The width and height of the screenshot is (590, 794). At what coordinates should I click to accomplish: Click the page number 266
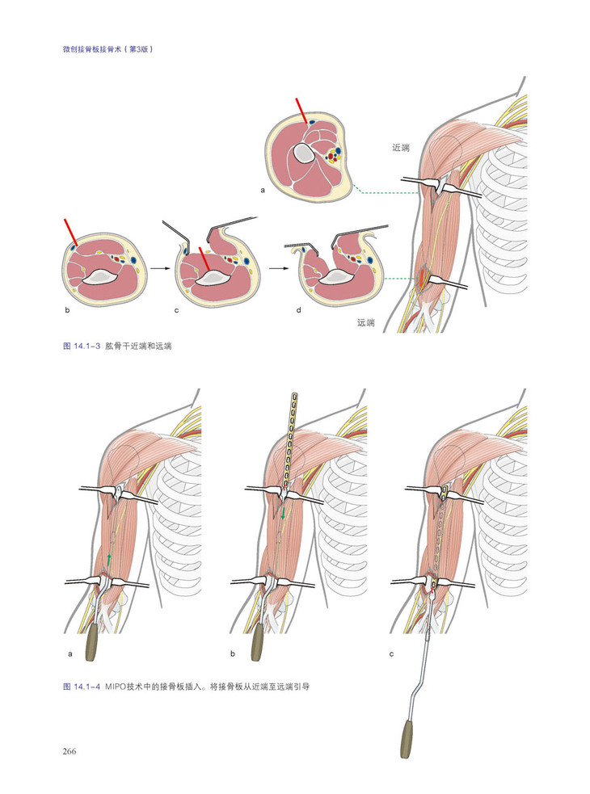(x=70, y=751)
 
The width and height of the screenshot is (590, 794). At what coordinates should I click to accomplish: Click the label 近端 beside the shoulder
(x=400, y=148)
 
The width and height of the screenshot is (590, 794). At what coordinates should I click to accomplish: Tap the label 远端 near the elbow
(x=366, y=322)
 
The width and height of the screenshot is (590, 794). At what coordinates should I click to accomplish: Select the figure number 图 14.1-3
(x=82, y=347)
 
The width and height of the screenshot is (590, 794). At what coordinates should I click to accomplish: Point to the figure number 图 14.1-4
(x=82, y=687)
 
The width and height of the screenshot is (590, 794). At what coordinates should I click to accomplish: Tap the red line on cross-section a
(x=301, y=111)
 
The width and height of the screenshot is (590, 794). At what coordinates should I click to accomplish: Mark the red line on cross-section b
(x=70, y=233)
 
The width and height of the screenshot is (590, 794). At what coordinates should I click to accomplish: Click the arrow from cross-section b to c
(x=160, y=268)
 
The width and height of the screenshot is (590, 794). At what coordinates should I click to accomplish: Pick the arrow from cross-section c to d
(x=276, y=268)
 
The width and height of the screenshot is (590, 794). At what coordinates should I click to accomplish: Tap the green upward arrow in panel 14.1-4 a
(x=108, y=560)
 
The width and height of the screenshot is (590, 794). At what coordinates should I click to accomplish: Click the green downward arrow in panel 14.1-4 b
(x=283, y=512)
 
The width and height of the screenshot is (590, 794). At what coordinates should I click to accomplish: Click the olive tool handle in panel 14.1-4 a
(x=92, y=643)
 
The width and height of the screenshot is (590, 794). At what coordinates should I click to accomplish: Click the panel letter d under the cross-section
(x=298, y=310)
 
